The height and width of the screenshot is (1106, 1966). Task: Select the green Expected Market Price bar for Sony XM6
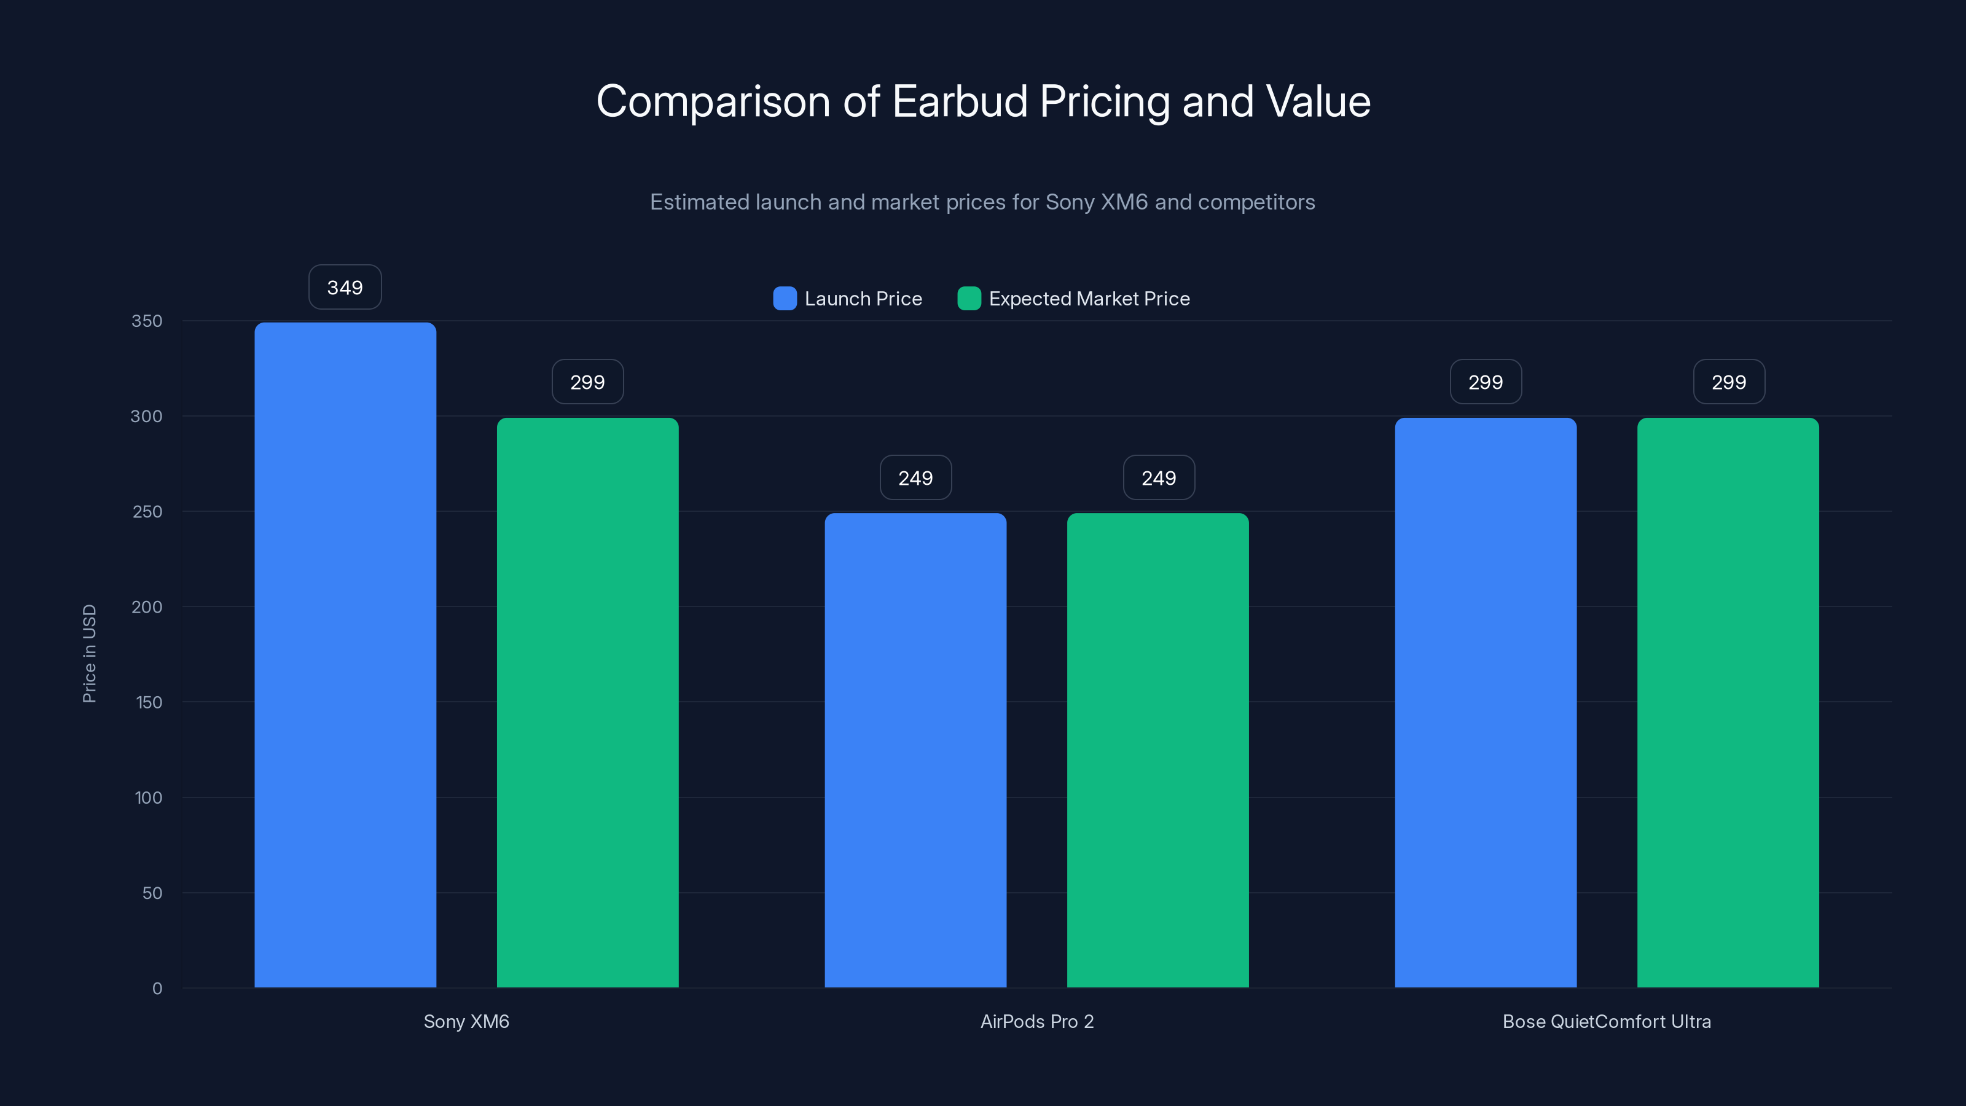coord(588,702)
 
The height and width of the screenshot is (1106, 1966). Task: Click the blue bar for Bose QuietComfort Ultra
coord(1485,702)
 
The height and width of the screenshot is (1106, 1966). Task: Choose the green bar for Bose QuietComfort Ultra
coord(1728,702)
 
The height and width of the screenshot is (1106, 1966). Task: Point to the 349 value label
coord(345,288)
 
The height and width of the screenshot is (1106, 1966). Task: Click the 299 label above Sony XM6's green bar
coord(588,382)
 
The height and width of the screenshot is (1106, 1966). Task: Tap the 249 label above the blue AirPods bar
coord(915,479)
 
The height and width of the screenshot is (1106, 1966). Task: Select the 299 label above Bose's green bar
coord(1729,382)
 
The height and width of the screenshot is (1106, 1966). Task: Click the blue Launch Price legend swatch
coord(785,299)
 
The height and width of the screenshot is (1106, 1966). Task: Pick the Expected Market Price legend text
coord(1089,299)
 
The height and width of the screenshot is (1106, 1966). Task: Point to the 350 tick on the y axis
coord(147,321)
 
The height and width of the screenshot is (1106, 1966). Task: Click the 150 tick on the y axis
coord(149,702)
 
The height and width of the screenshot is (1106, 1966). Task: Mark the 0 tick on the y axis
coord(157,989)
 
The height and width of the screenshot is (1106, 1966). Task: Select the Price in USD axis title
coord(89,653)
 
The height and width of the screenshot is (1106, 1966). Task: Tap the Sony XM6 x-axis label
coord(466,1021)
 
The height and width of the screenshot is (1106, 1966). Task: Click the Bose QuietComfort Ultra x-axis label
coord(1607,1021)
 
